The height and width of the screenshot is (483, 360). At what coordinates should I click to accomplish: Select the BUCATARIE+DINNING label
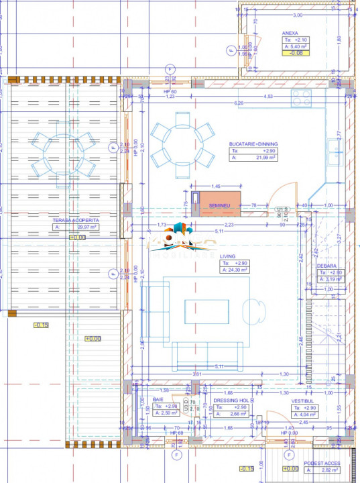click(253, 144)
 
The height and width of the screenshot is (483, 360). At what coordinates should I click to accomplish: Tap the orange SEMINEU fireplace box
click(220, 205)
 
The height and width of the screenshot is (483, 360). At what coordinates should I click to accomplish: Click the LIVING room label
click(230, 256)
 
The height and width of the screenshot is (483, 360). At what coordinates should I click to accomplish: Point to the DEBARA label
click(328, 266)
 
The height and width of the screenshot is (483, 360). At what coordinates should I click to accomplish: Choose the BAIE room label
click(158, 399)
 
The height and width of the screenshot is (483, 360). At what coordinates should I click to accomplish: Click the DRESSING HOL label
click(233, 400)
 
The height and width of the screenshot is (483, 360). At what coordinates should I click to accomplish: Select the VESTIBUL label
click(303, 400)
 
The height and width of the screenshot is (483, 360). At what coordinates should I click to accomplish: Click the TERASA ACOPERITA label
click(76, 220)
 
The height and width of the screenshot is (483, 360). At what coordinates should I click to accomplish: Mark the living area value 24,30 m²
click(239, 270)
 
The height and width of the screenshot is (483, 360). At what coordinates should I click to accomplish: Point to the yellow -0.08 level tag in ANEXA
click(295, 52)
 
